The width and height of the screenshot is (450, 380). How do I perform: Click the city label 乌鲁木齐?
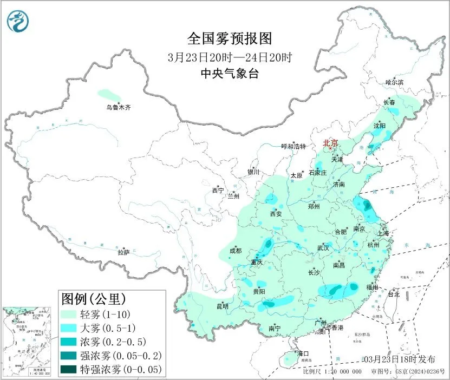point(118,108)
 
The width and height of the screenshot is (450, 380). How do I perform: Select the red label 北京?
point(330,143)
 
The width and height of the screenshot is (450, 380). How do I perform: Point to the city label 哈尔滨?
point(394,82)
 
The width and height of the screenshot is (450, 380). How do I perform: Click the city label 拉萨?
point(124,252)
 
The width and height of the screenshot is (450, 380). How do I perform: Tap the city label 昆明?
point(223,306)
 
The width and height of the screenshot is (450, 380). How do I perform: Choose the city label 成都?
point(236,251)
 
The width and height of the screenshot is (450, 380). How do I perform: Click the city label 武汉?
point(323,247)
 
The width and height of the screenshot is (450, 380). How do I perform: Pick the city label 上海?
point(383,233)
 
